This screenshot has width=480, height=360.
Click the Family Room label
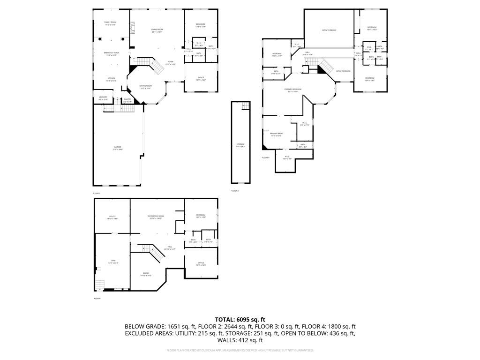tap(111, 23)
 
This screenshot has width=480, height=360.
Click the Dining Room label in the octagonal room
tap(146, 87)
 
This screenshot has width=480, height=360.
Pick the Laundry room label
tap(103, 98)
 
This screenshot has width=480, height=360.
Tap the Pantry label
tap(127, 100)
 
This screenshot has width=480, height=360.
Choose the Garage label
tap(117, 148)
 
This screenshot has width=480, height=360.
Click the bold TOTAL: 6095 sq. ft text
tap(240, 319)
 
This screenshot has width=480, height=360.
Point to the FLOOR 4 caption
tap(265, 157)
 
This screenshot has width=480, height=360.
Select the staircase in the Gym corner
tap(100, 285)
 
